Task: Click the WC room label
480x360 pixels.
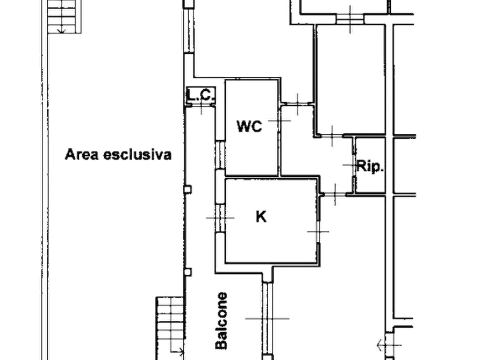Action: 249,127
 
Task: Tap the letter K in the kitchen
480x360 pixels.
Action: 261,217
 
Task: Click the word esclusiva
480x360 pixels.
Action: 138,155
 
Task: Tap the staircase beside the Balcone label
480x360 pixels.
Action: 170,322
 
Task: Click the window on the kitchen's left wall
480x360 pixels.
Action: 220,219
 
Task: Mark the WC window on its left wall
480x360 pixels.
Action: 220,154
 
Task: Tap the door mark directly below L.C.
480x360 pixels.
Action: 203,111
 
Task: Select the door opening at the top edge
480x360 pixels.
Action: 350,18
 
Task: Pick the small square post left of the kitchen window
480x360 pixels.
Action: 187,189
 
